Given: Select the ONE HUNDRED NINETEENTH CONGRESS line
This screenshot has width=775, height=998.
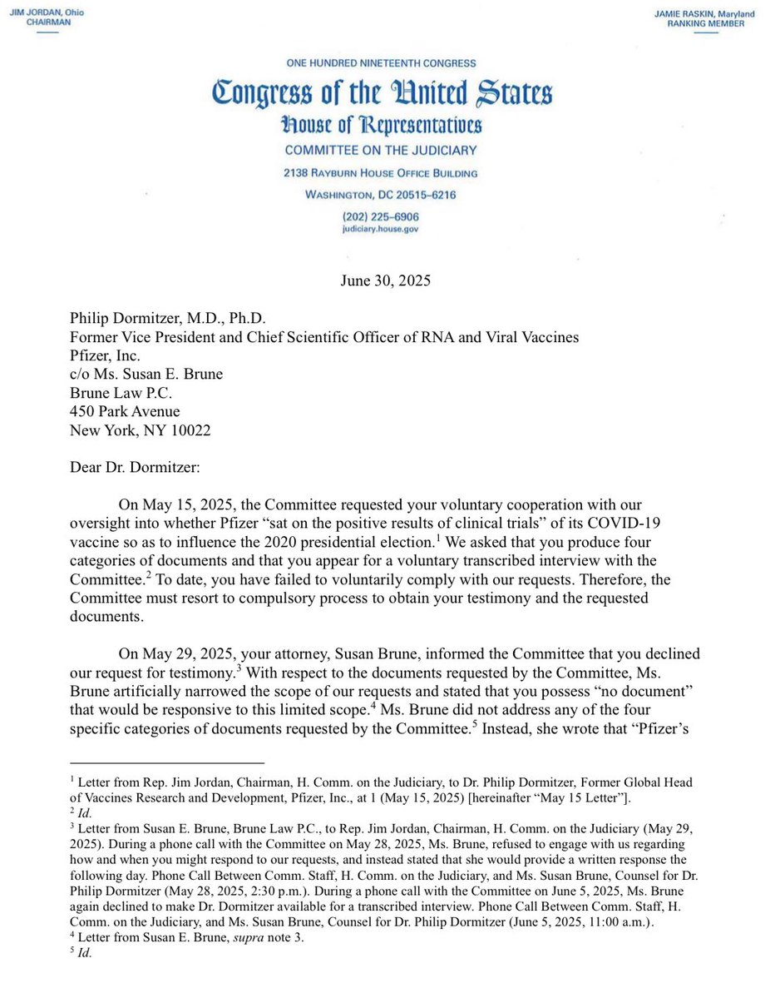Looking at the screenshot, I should [x=381, y=64].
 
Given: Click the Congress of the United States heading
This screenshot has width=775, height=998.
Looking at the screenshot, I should [x=381, y=93].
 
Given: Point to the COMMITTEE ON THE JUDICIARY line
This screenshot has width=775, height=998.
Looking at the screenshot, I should [x=381, y=151].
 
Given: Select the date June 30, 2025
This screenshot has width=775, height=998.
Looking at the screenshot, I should [x=385, y=281].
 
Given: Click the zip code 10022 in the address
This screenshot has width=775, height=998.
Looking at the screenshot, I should [x=188, y=429].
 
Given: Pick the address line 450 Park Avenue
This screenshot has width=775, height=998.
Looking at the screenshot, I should [x=125, y=411].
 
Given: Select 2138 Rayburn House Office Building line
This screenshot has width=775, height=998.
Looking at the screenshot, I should [x=381, y=173].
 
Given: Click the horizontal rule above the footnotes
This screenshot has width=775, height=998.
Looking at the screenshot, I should [x=166, y=762].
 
